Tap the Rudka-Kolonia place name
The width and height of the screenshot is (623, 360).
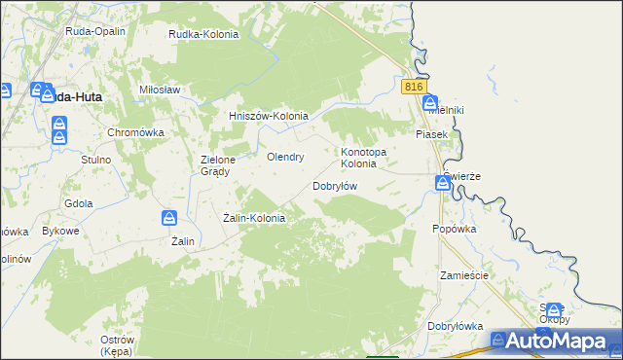coord(203,34)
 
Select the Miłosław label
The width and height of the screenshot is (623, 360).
coord(161,90)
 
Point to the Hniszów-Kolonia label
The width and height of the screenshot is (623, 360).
coord(268,116)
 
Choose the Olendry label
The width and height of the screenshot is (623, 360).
coord(286,156)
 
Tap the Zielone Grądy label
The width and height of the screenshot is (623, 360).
coord(215,165)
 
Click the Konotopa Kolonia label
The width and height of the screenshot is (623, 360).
coord(364,158)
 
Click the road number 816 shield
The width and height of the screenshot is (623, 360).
coord(414,87)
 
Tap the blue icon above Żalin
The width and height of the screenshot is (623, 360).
coord(169,218)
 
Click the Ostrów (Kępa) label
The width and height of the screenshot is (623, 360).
coord(117,345)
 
